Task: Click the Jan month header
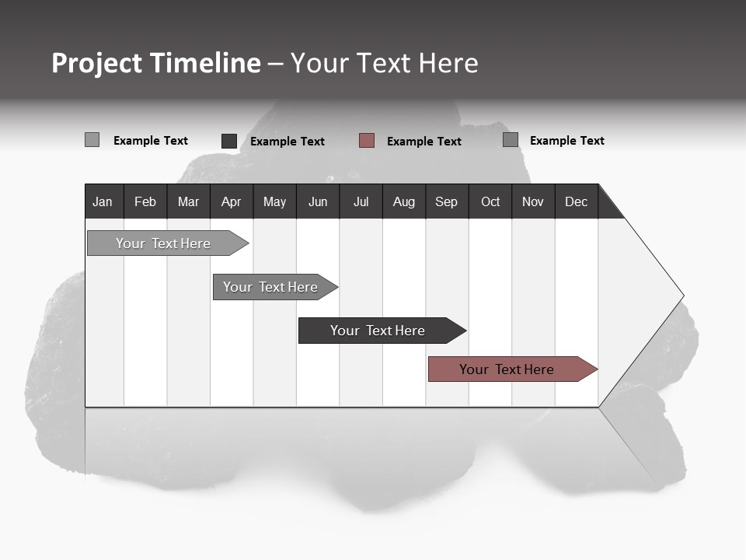(x=103, y=201)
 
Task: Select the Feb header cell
(x=145, y=201)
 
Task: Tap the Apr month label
(x=231, y=201)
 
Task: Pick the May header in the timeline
(x=274, y=201)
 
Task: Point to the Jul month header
(x=361, y=201)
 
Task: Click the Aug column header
(x=403, y=201)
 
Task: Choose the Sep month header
(x=446, y=201)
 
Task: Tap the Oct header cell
(x=490, y=201)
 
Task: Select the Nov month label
(x=532, y=201)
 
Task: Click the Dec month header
(x=576, y=201)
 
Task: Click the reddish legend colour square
(x=367, y=141)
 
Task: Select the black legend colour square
(x=229, y=141)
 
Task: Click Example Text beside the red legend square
(x=424, y=142)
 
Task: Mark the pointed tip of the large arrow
(x=682, y=296)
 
